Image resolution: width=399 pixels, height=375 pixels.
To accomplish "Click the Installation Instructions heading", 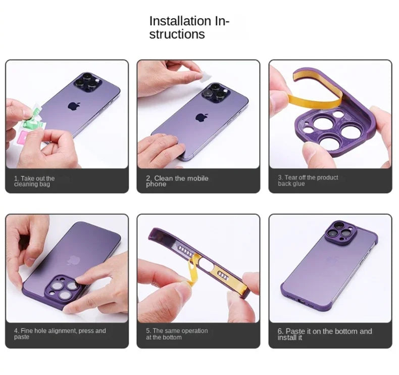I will point(189,28).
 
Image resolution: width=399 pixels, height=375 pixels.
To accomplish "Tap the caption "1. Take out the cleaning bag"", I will point(34,181).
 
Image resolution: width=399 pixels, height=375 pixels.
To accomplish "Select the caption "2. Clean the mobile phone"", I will point(177,181).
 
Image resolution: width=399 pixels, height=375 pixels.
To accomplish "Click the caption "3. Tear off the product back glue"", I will point(308,180).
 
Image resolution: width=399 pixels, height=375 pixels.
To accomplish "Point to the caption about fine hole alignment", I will point(60,334).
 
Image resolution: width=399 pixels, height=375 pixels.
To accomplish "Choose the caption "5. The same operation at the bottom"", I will point(177,334).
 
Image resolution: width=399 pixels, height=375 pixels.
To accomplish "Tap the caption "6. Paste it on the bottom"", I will point(324,334).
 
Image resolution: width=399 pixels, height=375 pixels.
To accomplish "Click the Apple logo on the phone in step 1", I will point(74,107).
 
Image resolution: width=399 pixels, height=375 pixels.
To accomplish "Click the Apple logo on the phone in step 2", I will point(202,117).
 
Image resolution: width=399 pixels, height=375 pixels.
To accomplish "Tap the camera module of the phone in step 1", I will point(86,82).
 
